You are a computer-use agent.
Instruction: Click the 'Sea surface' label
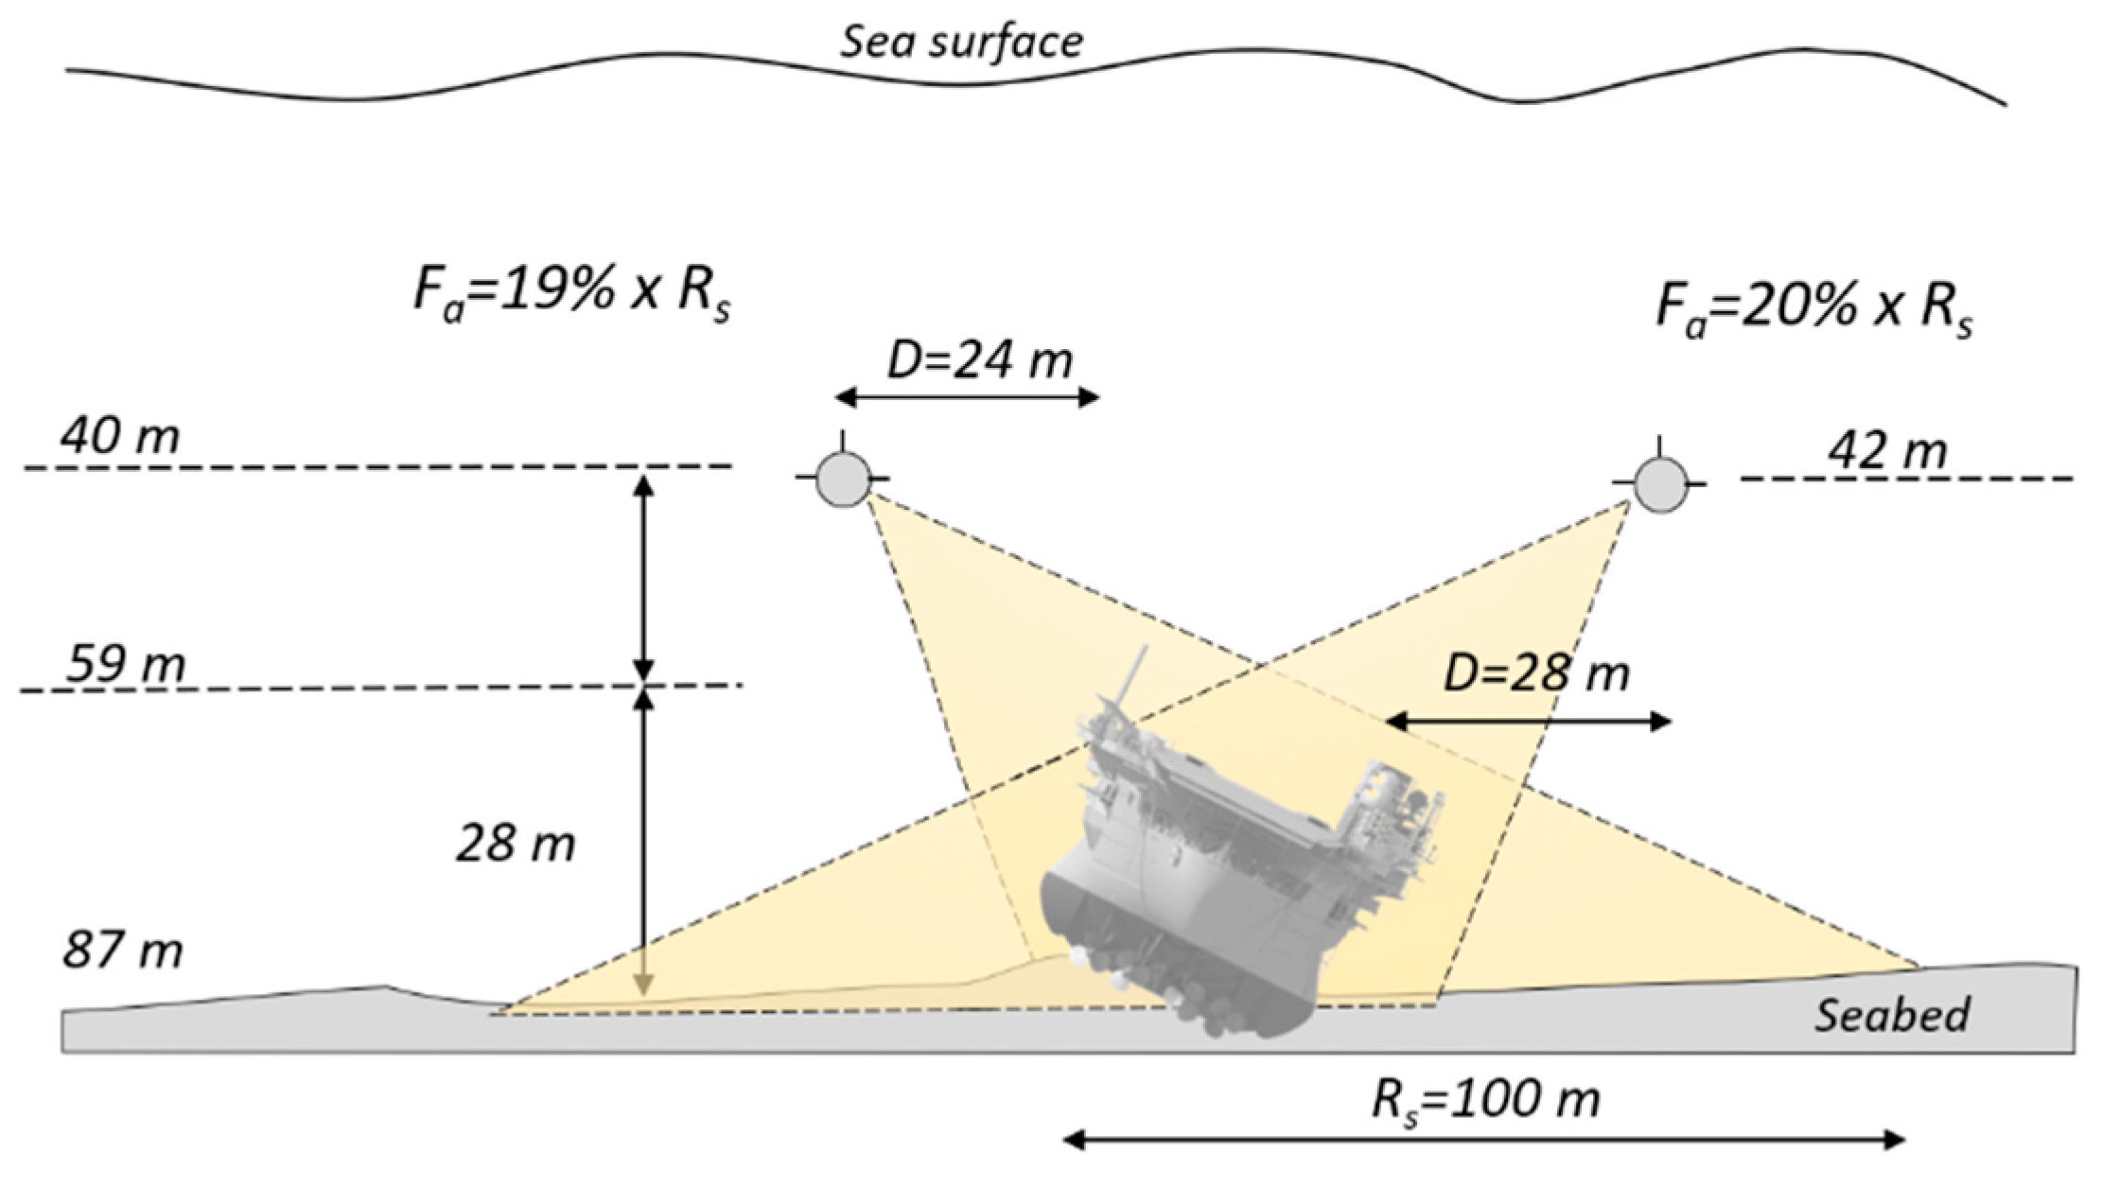(962, 43)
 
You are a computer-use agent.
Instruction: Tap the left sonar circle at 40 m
(843, 479)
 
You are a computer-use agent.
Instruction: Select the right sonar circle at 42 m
(1659, 484)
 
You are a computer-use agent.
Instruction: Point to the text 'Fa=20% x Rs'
(1814, 308)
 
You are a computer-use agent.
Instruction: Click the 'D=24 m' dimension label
(979, 360)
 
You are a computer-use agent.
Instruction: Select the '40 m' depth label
(120, 438)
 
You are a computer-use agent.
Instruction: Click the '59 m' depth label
(126, 664)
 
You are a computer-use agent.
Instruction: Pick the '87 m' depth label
(123, 949)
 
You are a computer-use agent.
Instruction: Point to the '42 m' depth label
(1887, 451)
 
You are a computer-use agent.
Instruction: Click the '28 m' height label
(516, 843)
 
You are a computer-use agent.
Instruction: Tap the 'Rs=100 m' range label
(1485, 1100)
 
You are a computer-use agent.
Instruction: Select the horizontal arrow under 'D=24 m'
(967, 397)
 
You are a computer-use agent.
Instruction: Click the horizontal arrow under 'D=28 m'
(1529, 723)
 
